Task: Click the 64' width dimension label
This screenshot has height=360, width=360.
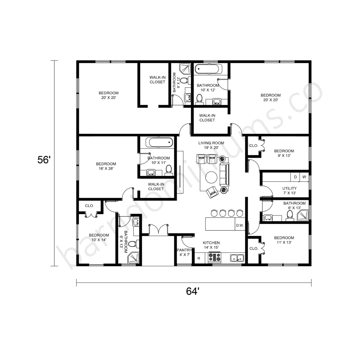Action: click(192, 291)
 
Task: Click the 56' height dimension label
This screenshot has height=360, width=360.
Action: click(44, 160)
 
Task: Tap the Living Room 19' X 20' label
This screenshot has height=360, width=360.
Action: click(211, 145)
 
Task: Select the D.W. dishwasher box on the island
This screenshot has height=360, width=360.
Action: click(240, 225)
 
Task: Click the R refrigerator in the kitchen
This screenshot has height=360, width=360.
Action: click(199, 258)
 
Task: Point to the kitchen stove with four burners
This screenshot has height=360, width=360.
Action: click(214, 257)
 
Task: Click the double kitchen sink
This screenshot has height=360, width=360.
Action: click(237, 258)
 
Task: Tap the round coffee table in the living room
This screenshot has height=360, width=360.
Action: click(211, 178)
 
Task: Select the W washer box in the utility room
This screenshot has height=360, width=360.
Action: click(304, 177)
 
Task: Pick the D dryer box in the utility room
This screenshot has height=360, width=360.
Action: click(295, 177)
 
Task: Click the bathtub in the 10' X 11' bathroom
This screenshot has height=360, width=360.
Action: click(159, 142)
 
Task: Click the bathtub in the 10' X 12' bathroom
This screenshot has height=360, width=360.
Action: click(208, 69)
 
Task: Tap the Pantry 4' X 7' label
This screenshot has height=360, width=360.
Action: click(184, 252)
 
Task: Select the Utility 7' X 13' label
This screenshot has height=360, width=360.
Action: click(290, 191)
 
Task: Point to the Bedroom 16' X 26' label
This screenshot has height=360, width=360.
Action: click(106, 166)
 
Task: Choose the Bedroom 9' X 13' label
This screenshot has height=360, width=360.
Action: click(284, 153)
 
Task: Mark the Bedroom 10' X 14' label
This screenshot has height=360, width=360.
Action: click(99, 237)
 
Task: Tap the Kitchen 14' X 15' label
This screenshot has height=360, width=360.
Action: click(211, 245)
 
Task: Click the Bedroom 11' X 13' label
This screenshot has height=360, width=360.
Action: click(284, 240)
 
